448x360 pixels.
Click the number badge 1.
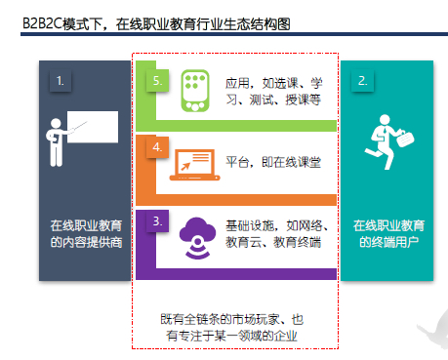click(60, 81)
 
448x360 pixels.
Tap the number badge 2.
click(362, 81)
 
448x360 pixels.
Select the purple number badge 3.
click(156, 222)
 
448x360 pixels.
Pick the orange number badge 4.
click(156, 149)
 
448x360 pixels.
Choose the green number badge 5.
click(156, 81)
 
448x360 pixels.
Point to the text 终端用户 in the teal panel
click(387, 242)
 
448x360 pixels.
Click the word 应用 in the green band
click(237, 83)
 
